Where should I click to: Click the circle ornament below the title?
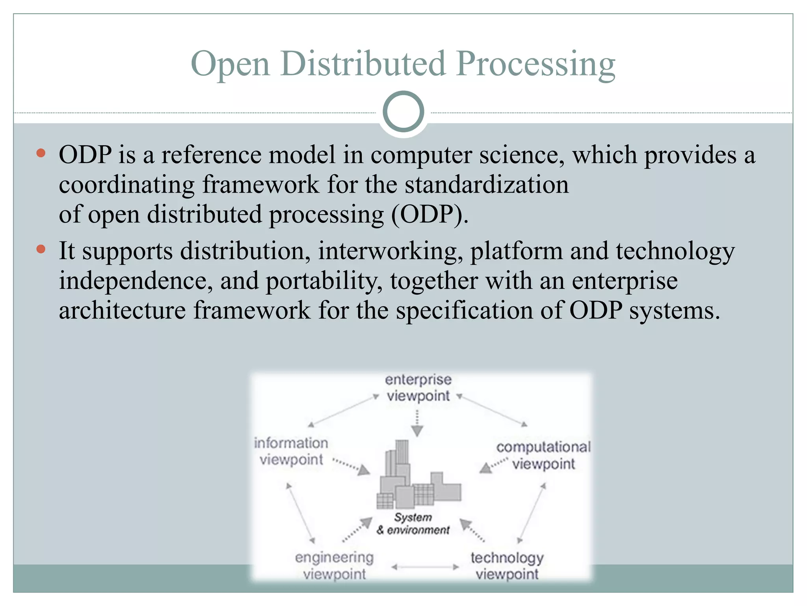click(403, 112)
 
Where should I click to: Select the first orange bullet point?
click(41, 153)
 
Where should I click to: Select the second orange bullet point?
click(41, 249)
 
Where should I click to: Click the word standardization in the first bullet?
click(487, 185)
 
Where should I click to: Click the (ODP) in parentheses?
click(430, 215)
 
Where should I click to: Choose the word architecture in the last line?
click(122, 310)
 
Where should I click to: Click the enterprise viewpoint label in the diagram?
click(418, 388)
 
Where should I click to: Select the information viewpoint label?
click(291, 451)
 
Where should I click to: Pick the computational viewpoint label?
click(543, 455)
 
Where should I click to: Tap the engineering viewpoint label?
click(334, 566)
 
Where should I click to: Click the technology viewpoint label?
click(507, 566)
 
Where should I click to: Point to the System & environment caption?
click(413, 524)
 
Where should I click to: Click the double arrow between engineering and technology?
click(425, 567)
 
